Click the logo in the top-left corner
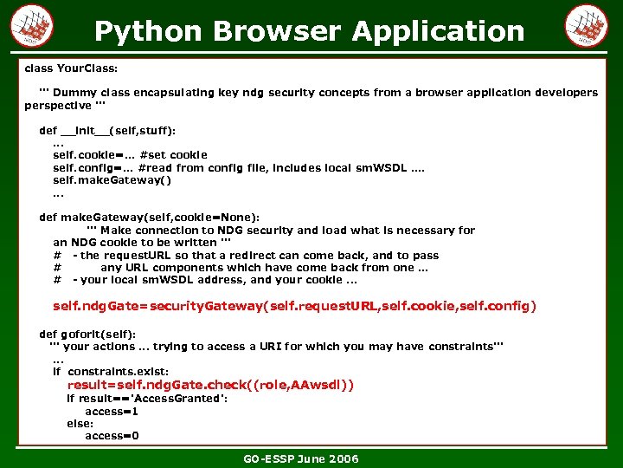[x=32, y=27]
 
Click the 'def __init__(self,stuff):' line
[x=107, y=130]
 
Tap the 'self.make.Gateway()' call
[x=112, y=180]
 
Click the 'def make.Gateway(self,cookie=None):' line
[x=149, y=218]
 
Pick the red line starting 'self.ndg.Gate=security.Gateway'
[x=294, y=306]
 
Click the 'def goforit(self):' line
[x=87, y=334]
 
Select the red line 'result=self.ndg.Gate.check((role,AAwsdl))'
[x=210, y=385]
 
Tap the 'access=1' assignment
[x=112, y=412]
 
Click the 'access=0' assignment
[x=112, y=436]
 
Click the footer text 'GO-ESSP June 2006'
[x=300, y=458]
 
